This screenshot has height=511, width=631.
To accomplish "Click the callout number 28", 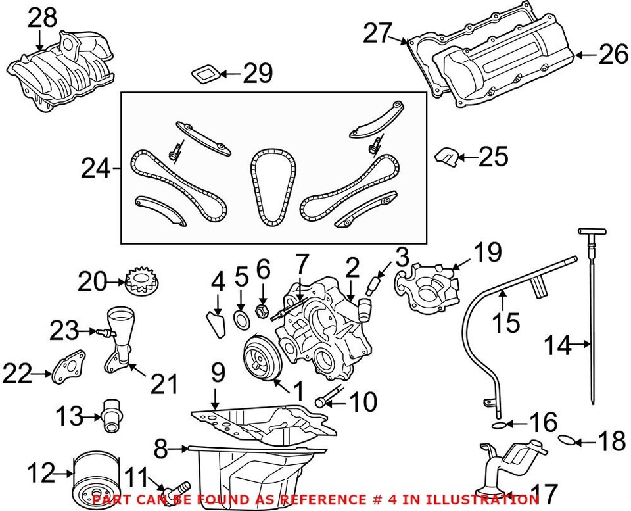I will [41, 18].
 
